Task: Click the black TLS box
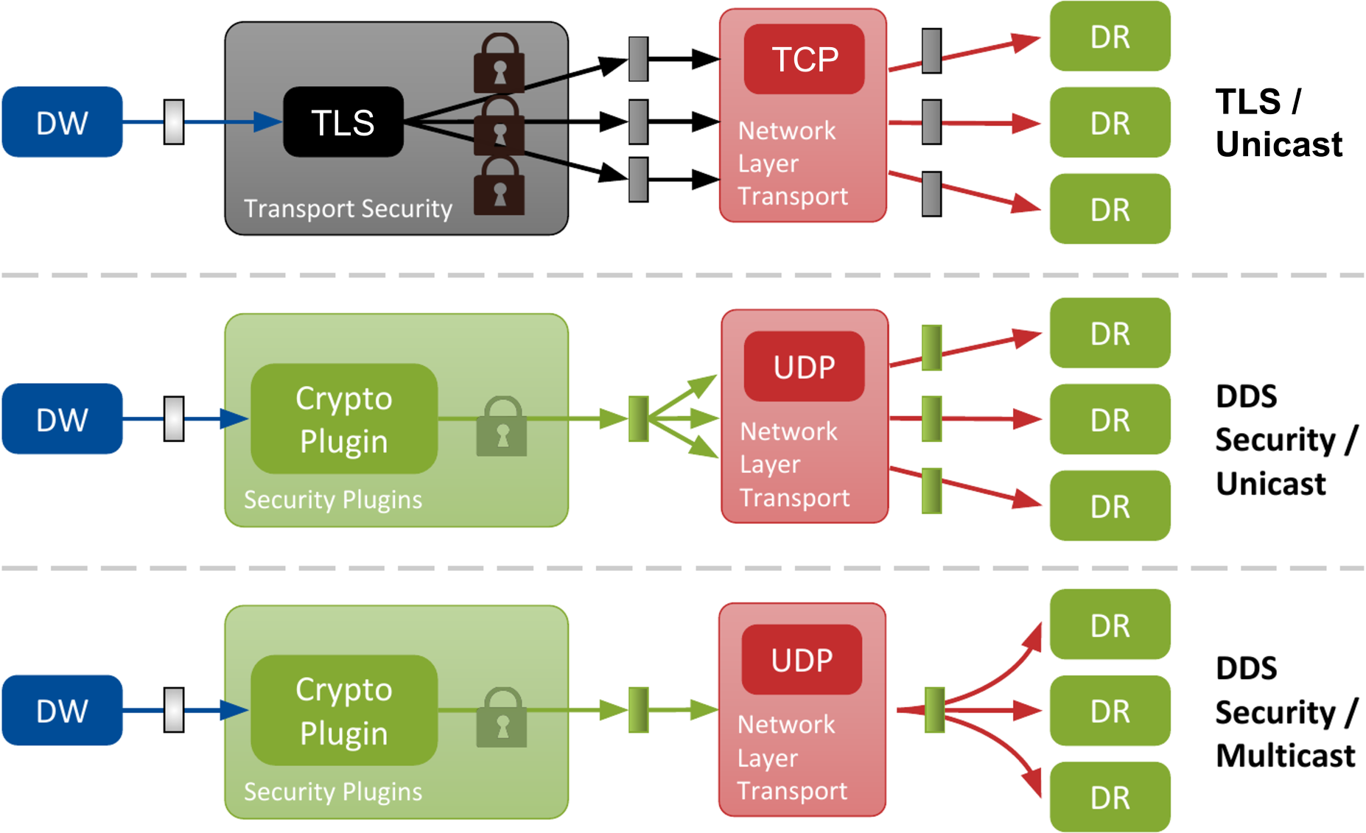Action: coord(343,122)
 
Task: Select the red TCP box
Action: coord(804,59)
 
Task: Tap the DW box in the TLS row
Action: coord(63,122)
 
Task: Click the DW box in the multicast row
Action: coord(63,711)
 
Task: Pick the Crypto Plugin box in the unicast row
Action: coord(344,419)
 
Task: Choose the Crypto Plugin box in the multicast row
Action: coord(344,711)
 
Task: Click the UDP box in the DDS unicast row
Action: coord(804,367)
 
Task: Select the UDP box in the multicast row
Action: coord(802,660)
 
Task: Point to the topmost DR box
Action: coord(1110,37)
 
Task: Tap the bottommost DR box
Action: coord(1110,798)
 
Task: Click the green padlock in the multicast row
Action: coord(502,718)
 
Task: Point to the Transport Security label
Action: coord(348,209)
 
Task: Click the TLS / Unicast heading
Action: coord(1278,122)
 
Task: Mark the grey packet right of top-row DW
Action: coord(174,122)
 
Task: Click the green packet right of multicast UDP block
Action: coord(934,710)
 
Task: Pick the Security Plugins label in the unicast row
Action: coord(333,500)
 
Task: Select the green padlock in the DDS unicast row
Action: coord(502,427)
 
